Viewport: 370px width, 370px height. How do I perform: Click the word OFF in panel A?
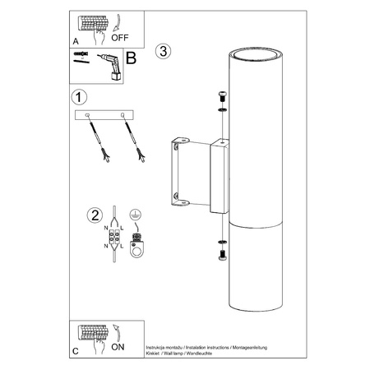[x=120, y=38]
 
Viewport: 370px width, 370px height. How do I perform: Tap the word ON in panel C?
[x=118, y=347]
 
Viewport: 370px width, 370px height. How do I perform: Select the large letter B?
[x=131, y=58]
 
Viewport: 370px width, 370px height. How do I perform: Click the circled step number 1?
[x=79, y=97]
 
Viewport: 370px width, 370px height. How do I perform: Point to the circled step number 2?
[x=95, y=215]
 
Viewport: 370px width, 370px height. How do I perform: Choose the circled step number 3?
[x=163, y=51]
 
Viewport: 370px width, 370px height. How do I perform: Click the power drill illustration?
[x=110, y=67]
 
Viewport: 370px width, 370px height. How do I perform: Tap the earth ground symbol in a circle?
[x=135, y=215]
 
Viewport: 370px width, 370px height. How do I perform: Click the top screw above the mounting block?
[x=222, y=97]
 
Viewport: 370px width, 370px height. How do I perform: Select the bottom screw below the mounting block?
[x=222, y=255]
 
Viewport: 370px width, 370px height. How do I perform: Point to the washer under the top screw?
[x=222, y=110]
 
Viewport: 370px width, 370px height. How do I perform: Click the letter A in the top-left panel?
[x=76, y=41]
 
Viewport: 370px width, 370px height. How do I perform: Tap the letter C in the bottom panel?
[x=76, y=351]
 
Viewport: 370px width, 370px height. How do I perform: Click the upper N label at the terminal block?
[x=106, y=228]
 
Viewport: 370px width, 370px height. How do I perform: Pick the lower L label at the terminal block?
[x=122, y=247]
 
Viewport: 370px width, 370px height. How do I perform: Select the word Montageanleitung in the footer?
[x=250, y=348]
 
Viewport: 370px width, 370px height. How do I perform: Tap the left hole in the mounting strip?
[x=87, y=115]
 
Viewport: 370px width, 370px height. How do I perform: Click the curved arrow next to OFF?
[x=118, y=22]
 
